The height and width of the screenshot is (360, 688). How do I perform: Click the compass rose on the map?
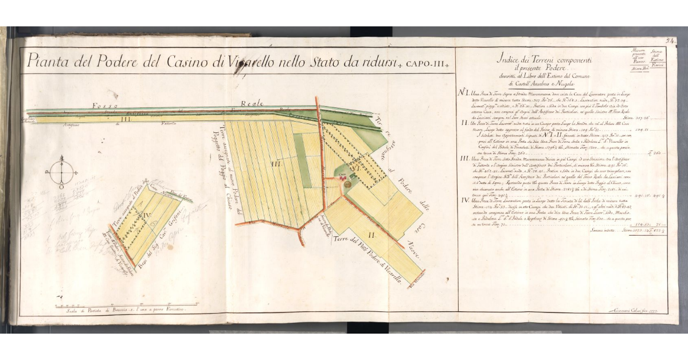pos(62,172)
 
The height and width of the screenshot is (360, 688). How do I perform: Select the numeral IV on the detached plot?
pos(146,216)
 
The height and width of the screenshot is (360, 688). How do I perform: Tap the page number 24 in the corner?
pos(671,41)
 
